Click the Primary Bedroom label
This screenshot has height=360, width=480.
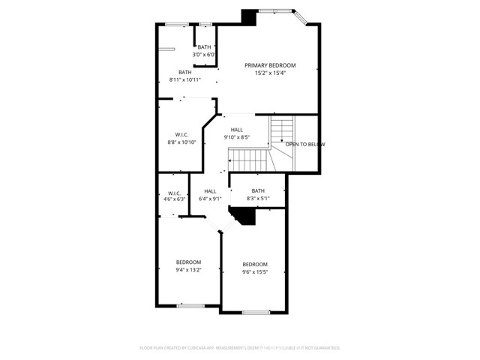pos(270,65)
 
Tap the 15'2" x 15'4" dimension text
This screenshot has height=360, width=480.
pos(270,73)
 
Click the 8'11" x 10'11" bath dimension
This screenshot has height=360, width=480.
pos(184,79)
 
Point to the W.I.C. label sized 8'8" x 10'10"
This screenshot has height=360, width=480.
pos(181,135)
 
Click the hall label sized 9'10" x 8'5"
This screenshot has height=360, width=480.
pos(237,130)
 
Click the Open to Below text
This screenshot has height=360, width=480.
pos(304,144)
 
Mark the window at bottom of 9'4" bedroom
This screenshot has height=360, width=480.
pos(190,305)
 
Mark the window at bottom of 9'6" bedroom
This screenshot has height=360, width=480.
pos(255,312)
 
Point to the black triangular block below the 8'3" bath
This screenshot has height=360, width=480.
pos(244,216)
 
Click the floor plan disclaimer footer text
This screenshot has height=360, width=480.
pos(240,348)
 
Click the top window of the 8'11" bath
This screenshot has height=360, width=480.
pos(176,25)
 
